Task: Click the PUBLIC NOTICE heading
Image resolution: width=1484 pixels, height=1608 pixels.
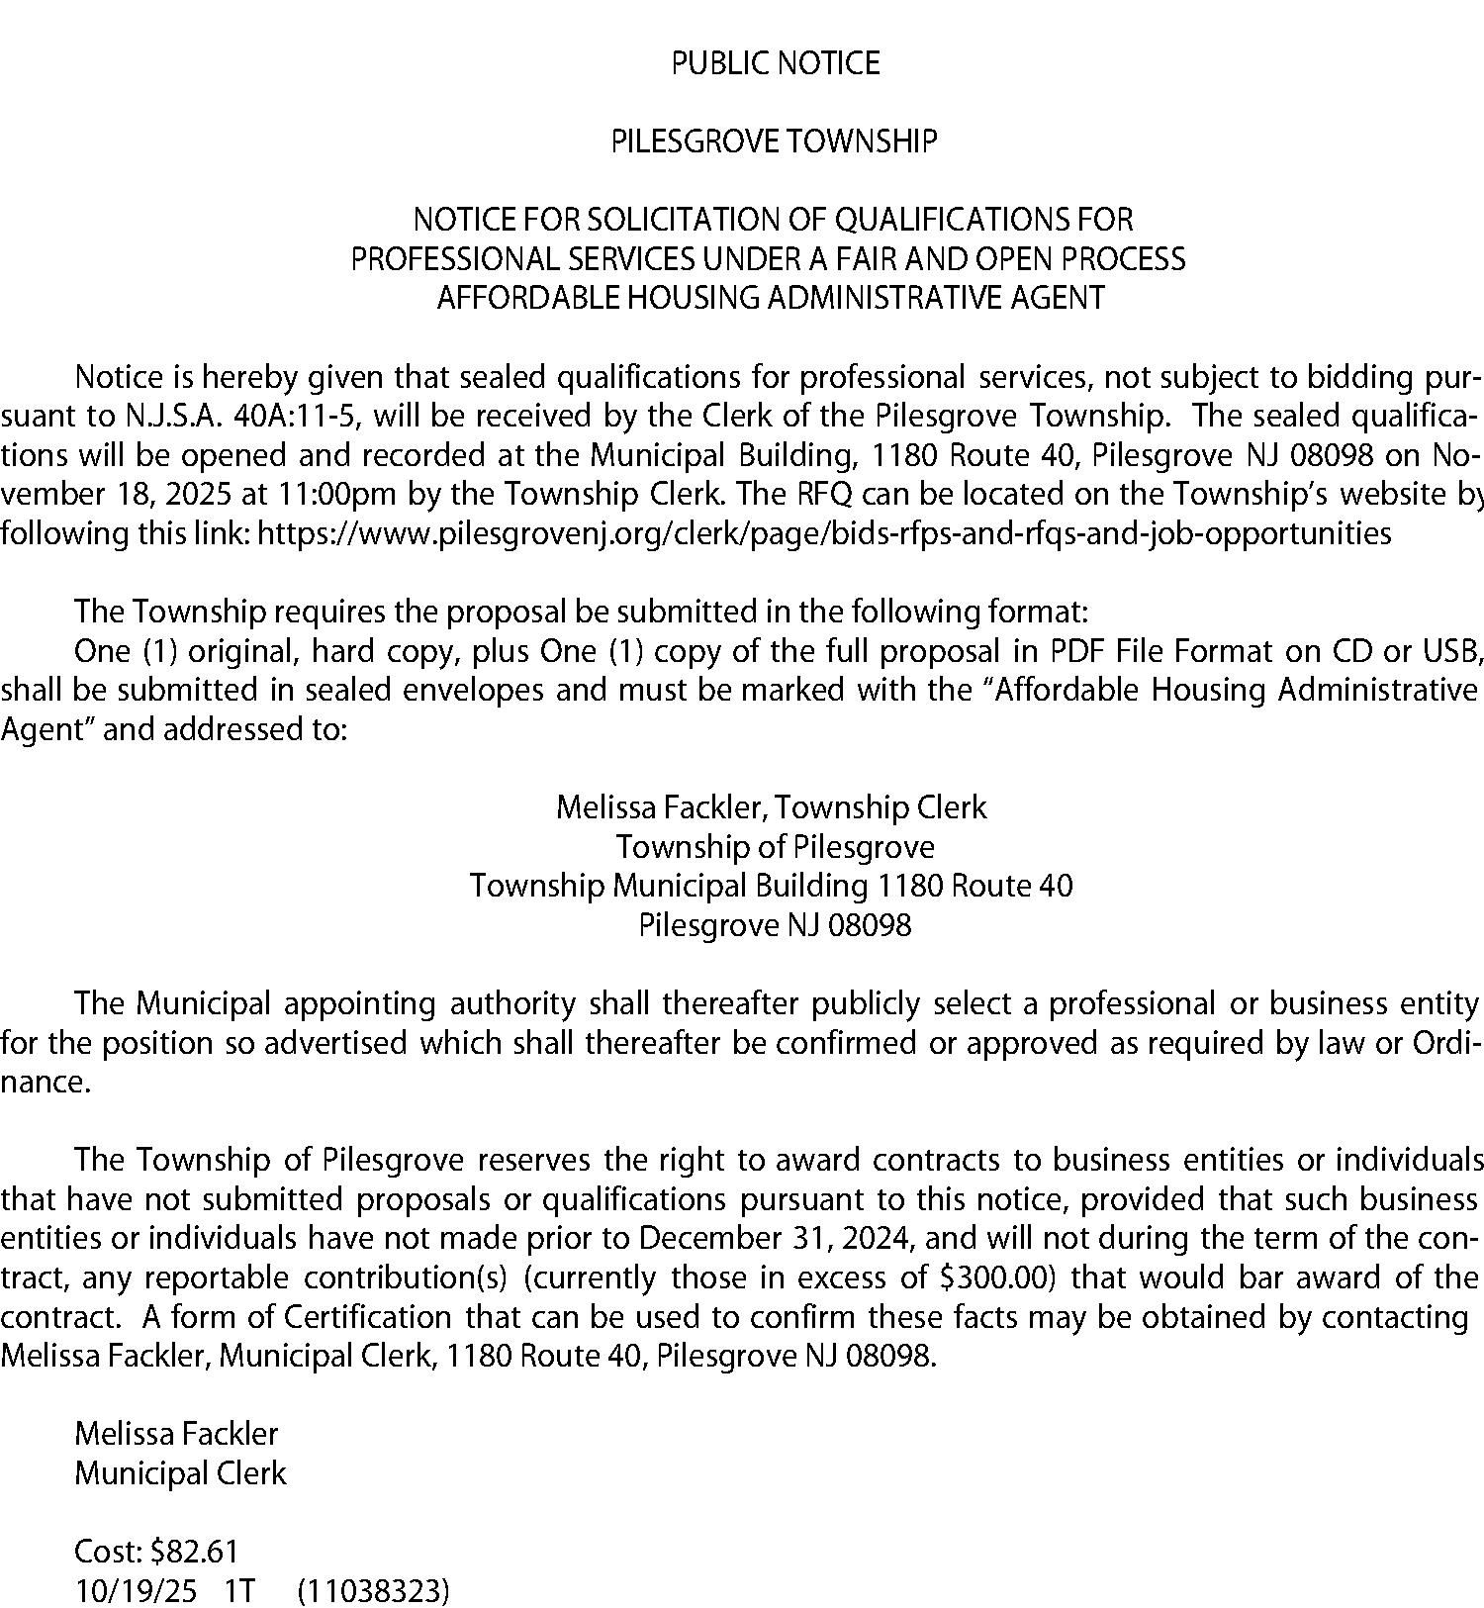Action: (x=775, y=63)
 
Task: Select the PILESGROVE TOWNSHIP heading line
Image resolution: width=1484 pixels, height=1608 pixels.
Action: (x=773, y=142)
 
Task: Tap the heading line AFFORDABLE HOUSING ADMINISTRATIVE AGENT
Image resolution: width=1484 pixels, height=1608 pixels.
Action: (x=771, y=297)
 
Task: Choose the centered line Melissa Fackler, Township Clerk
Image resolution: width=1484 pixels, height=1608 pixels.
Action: (x=771, y=807)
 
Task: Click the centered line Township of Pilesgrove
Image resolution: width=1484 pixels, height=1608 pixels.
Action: (x=775, y=847)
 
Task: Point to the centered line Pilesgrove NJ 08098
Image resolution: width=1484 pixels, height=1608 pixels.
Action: (x=775, y=925)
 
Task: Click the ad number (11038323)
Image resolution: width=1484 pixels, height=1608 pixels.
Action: (x=373, y=1590)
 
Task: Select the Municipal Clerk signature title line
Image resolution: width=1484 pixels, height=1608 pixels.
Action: (x=180, y=1472)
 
